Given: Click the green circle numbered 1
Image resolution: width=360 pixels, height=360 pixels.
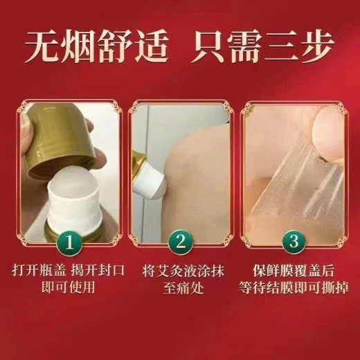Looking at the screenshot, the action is pos(69,243).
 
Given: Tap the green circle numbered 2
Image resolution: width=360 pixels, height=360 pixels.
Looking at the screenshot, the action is pos(181,242).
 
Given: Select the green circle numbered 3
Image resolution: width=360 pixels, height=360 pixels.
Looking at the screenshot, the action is pos(294,242).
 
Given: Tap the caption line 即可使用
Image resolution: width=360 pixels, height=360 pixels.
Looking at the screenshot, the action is pos(69,287).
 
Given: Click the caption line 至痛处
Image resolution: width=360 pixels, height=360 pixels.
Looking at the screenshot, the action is pos(183,288).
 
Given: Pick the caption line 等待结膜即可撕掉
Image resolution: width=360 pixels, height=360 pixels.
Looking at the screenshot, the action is pos(294,288).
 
